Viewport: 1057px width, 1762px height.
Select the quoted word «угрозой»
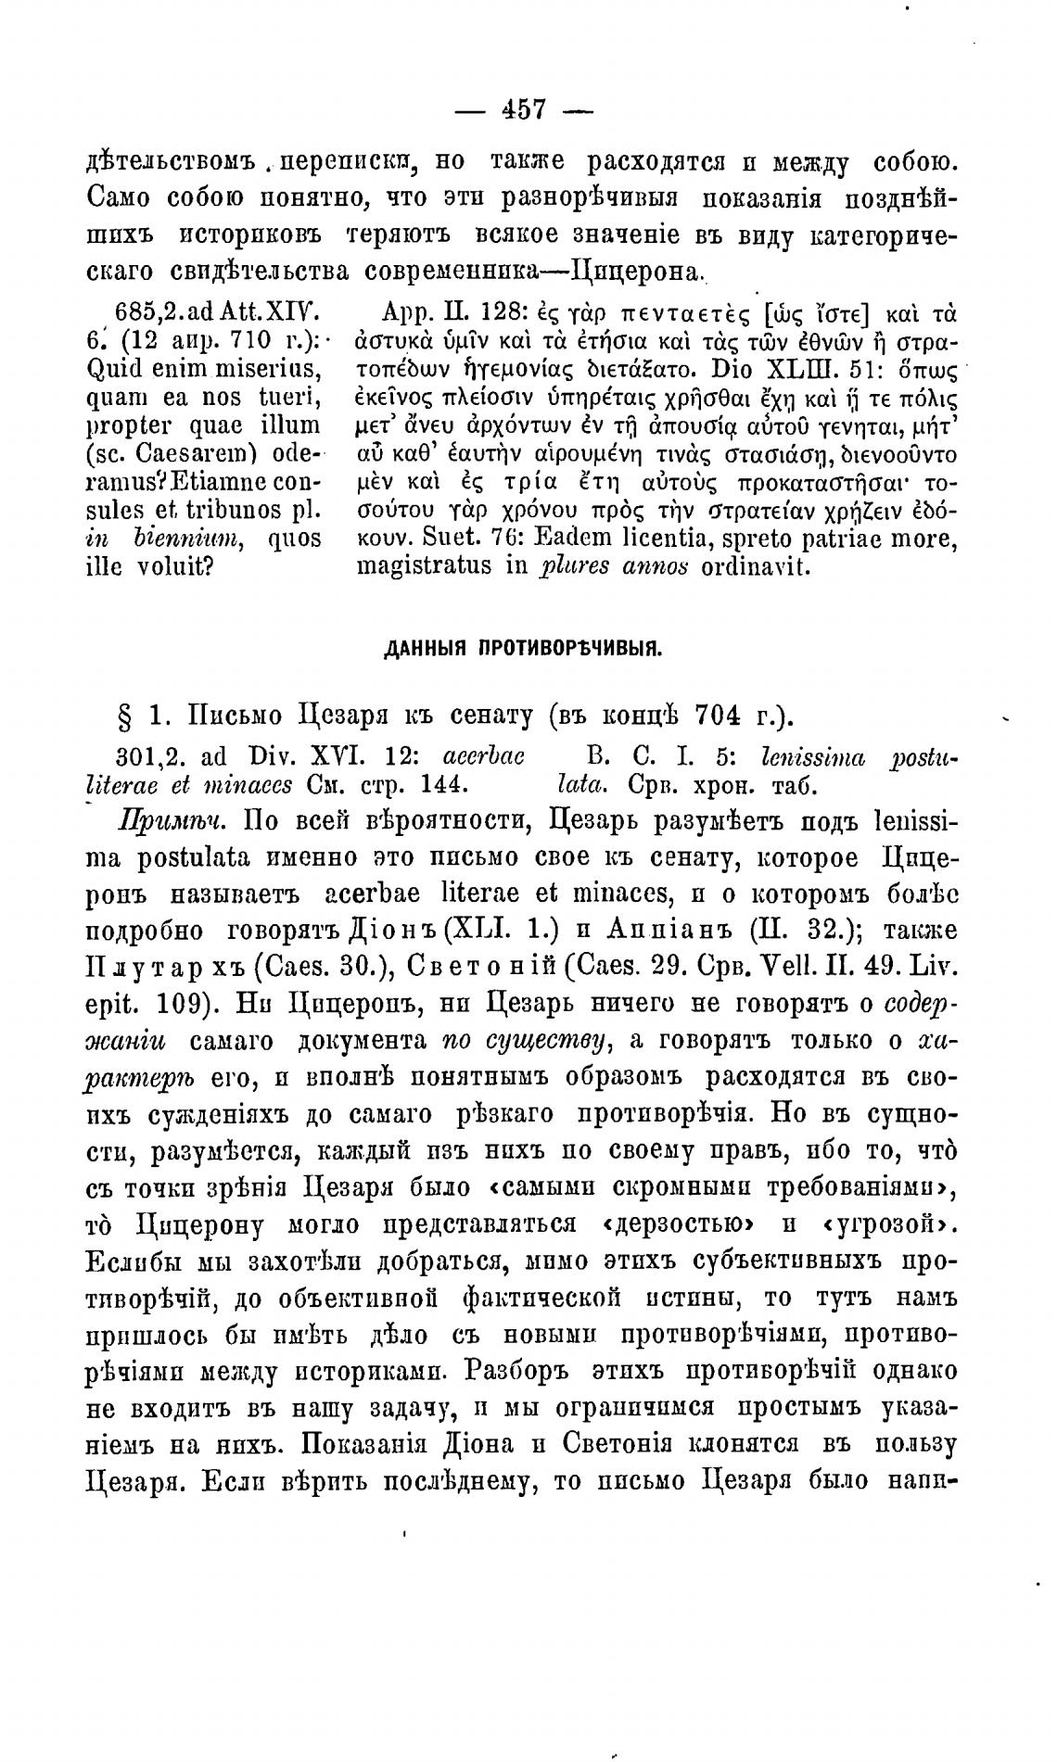(x=887, y=1225)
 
